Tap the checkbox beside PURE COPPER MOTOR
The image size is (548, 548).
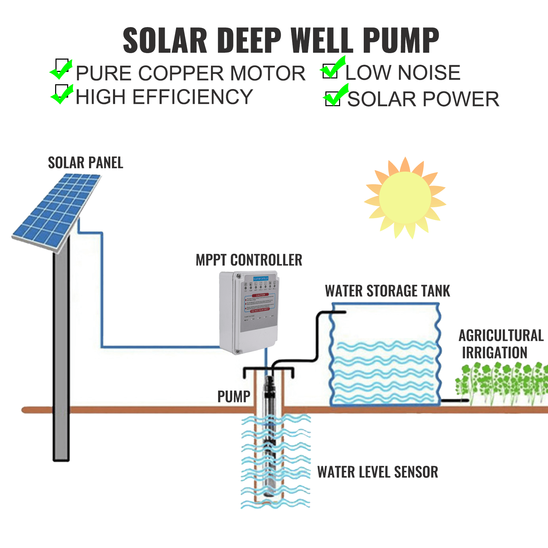pyautogui.click(x=62, y=65)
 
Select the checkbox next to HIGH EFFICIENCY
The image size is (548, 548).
pyautogui.click(x=62, y=91)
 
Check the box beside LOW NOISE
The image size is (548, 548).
pyautogui.click(x=330, y=71)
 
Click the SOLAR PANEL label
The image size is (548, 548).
pyautogui.click(x=86, y=163)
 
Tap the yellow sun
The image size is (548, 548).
pyautogui.click(x=405, y=198)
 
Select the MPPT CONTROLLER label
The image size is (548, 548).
pyautogui.click(x=249, y=260)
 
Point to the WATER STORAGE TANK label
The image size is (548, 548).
pyautogui.click(x=387, y=291)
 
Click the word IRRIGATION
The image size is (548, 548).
pyautogui.click(x=495, y=353)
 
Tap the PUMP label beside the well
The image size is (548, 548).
pyautogui.click(x=234, y=397)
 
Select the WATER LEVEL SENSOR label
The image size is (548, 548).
pyautogui.click(x=377, y=472)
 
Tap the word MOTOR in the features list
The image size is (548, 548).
pyautogui.click(x=268, y=73)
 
